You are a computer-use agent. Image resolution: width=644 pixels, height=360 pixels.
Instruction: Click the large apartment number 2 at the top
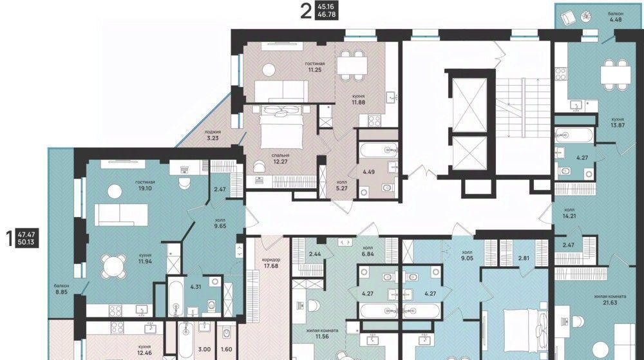[x=306, y=11]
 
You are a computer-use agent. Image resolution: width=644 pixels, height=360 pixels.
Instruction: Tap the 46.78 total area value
[x=326, y=15]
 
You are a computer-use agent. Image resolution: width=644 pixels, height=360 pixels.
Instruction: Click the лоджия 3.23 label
[x=213, y=135]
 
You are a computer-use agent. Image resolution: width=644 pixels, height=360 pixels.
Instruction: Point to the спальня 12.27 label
[x=281, y=158]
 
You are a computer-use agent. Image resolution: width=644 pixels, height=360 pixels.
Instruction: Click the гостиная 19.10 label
[x=146, y=185]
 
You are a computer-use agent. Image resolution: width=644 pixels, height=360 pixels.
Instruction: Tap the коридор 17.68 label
[x=271, y=263]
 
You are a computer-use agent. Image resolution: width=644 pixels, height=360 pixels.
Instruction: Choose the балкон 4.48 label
[x=615, y=16]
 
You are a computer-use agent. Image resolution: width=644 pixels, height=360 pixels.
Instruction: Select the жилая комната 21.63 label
[x=611, y=299]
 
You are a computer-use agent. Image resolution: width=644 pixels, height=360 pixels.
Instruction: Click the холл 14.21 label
[x=570, y=213]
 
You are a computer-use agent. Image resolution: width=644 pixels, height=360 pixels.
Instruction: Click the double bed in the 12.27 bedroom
[x=282, y=126]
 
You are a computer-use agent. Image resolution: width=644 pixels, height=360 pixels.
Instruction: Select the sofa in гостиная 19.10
[x=121, y=214]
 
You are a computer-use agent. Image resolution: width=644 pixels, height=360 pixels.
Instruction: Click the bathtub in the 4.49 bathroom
[x=379, y=150]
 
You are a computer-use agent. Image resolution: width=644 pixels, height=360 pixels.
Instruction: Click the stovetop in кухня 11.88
[x=374, y=120]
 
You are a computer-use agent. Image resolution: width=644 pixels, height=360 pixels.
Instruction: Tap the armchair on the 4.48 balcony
[x=569, y=17]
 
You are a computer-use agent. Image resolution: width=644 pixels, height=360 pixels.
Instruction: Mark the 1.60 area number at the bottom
[x=226, y=349]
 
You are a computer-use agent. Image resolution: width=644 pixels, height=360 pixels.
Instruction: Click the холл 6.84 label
[x=368, y=251]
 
